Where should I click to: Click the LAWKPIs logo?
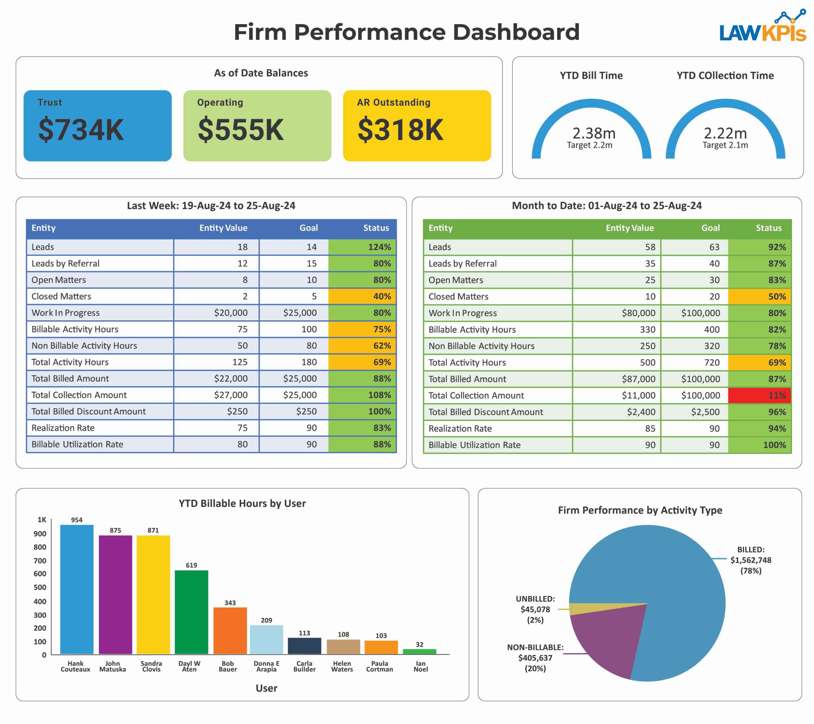click(762, 28)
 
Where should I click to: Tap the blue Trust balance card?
click(98, 126)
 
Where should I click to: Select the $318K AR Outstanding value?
click(400, 130)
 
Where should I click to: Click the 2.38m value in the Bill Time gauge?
click(594, 133)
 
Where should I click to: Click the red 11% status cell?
click(759, 396)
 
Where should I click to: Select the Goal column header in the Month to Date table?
click(710, 228)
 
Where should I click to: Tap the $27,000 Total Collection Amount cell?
click(231, 395)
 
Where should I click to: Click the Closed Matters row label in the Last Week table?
click(61, 296)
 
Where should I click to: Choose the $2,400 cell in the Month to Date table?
click(641, 412)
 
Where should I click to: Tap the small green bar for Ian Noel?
click(419, 651)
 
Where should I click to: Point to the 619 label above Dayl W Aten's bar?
click(191, 565)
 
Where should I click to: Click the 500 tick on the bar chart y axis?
click(40, 587)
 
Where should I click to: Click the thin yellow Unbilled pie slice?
click(585, 609)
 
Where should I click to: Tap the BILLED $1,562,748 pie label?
click(750, 560)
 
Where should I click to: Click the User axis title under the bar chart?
click(266, 688)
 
